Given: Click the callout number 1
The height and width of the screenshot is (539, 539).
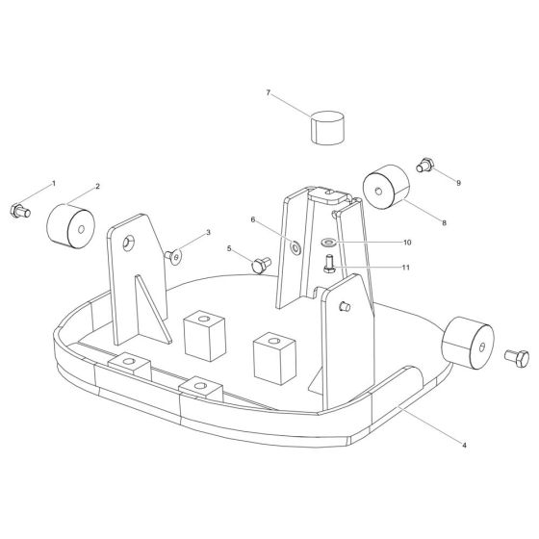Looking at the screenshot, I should pyautogui.click(x=54, y=183).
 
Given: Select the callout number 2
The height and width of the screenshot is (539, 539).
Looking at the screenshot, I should pyautogui.click(x=97, y=186).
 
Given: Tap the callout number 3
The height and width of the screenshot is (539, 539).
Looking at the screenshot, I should pyautogui.click(x=207, y=233).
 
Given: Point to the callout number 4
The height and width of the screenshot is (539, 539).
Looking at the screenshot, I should pyautogui.click(x=465, y=446).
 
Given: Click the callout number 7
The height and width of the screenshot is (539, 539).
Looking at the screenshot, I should pyautogui.click(x=269, y=93).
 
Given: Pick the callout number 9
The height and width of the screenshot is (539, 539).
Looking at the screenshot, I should pyautogui.click(x=459, y=182).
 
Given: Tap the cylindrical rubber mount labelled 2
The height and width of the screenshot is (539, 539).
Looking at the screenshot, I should pyautogui.click(x=70, y=225).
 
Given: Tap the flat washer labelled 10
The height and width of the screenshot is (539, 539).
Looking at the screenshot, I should pyautogui.click(x=329, y=243).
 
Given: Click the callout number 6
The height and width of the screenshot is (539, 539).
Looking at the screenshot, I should pyautogui.click(x=253, y=219).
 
